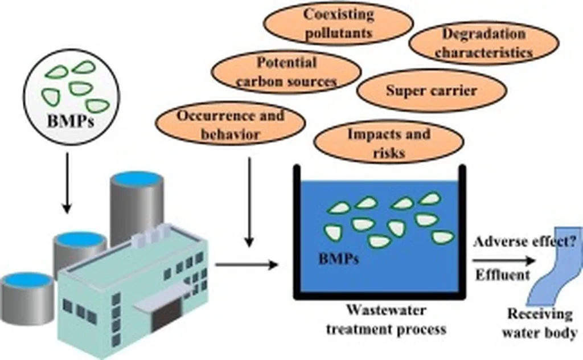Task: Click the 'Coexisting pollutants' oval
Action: pyautogui.click(x=338, y=23)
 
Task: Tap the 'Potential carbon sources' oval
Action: pyautogui.click(x=286, y=72)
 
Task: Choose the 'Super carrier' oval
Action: pyautogui.click(x=431, y=91)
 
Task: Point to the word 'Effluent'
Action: pyautogui.click(x=502, y=275)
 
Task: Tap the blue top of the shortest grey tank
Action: pyautogui.click(x=27, y=280)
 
